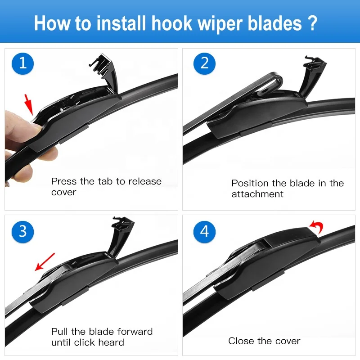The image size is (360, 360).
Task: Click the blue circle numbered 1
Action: [x=23, y=63]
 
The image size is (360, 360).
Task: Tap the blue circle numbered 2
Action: [x=205, y=63]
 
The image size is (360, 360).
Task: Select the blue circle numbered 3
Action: [x=23, y=231]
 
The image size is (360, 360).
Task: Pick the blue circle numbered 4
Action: [x=205, y=231]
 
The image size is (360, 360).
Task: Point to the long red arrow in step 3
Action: [x=45, y=262]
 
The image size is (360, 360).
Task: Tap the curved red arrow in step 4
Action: [x=316, y=226]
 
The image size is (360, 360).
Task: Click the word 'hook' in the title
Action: [x=173, y=23]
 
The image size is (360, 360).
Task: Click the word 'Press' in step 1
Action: [x=64, y=182]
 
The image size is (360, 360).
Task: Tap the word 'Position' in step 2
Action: [x=250, y=184]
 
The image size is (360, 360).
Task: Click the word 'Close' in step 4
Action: [x=241, y=341]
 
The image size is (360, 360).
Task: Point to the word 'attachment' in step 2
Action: [x=257, y=194]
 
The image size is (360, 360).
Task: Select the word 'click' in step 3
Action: [x=90, y=343]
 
